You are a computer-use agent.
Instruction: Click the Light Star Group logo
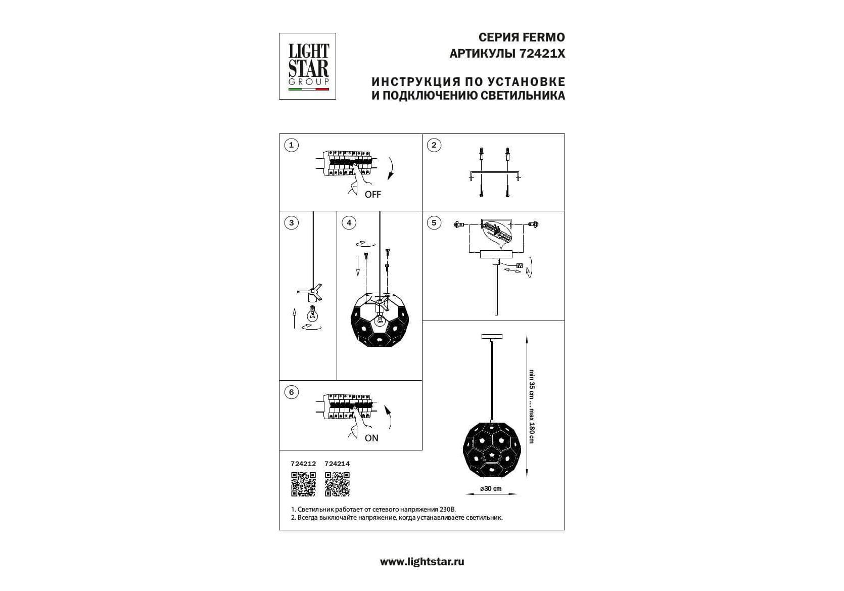coord(307,66)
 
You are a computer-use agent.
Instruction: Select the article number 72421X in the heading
coord(542,54)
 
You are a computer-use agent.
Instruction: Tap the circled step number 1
coord(291,145)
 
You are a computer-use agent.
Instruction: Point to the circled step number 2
coord(434,145)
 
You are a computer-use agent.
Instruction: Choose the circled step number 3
coord(291,223)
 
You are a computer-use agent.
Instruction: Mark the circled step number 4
coord(349,223)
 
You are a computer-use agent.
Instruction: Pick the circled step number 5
coord(434,223)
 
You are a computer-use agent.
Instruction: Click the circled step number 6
coord(291,392)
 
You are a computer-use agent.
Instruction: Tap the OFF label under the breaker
coord(372,195)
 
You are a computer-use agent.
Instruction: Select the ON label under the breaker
coord(371,438)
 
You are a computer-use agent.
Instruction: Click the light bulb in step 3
coord(312,312)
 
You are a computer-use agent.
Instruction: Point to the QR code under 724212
coord(303,484)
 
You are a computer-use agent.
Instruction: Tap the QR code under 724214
coord(337,484)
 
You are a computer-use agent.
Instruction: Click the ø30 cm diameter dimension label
coord(491,488)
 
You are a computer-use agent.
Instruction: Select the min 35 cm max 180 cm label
coord(531,406)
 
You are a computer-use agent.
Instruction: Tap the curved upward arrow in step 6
coord(388,417)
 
